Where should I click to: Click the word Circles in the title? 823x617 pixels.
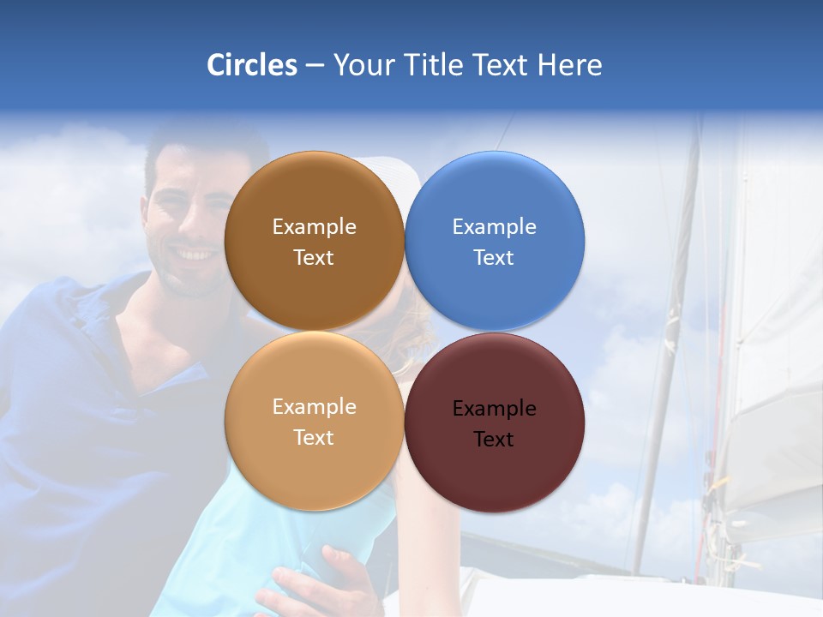pyautogui.click(x=251, y=64)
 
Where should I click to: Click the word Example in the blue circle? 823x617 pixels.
pyautogui.click(x=494, y=226)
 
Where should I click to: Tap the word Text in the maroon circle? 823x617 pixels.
pyautogui.click(x=494, y=439)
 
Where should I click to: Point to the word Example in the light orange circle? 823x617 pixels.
pyautogui.click(x=314, y=406)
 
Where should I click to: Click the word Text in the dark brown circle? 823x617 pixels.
pyautogui.click(x=314, y=257)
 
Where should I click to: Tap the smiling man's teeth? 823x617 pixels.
pyautogui.click(x=195, y=255)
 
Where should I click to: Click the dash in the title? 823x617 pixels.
pyautogui.click(x=315, y=65)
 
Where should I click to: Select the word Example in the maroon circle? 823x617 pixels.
pyautogui.click(x=494, y=408)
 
